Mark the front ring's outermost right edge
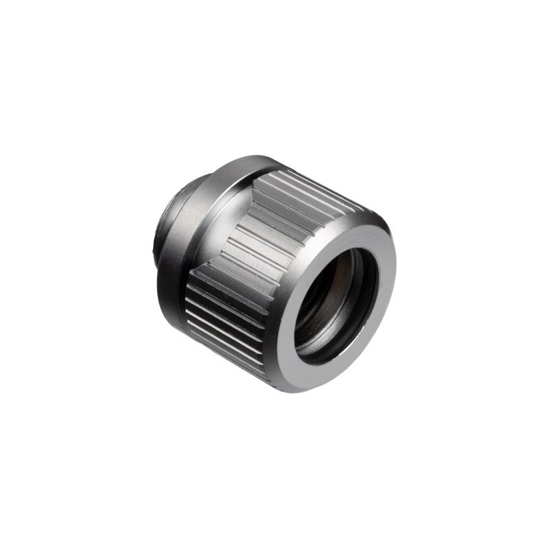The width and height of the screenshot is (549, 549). coord(395,274)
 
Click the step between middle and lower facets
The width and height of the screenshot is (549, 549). coord(206,271)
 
